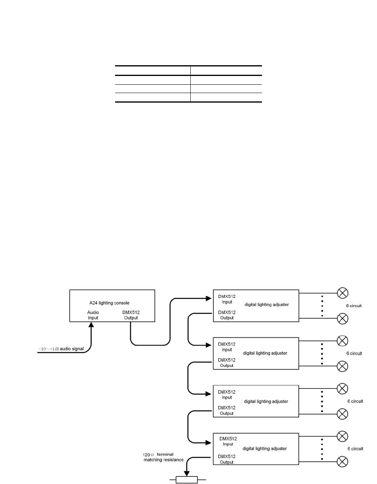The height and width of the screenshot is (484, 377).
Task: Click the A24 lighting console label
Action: pos(109,303)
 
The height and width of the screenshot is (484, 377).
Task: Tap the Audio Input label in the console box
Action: pos(93,315)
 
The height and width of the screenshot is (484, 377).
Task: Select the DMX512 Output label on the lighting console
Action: pos(131,315)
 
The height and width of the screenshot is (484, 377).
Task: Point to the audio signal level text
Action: pos(61,349)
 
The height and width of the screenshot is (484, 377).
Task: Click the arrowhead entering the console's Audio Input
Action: pos(91,325)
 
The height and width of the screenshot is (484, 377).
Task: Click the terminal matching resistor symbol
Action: pos(187,480)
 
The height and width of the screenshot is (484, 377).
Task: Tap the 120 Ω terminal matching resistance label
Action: pos(163,457)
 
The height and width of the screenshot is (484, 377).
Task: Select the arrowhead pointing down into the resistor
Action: pos(187,474)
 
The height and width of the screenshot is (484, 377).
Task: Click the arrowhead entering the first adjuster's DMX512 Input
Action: pos(209,298)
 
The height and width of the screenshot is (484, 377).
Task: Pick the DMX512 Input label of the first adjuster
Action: pos(227,299)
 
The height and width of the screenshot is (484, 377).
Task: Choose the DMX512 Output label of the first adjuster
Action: pos(227,315)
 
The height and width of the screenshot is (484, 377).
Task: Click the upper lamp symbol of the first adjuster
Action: pos(342,293)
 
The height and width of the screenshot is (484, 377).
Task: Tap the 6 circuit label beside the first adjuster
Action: pos(354,306)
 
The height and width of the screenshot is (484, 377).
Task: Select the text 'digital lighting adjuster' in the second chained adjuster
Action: pos(265,353)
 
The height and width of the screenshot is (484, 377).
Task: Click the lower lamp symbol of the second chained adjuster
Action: pos(342,366)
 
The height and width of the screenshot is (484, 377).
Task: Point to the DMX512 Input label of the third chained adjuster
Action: pos(227,395)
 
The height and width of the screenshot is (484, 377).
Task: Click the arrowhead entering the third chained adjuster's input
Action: pos(208,394)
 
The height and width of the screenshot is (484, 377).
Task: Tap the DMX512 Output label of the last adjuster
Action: pos(227,459)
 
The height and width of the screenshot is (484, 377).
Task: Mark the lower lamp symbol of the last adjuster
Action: pos(342,462)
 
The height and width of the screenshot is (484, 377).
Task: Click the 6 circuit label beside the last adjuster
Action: pos(355,449)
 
